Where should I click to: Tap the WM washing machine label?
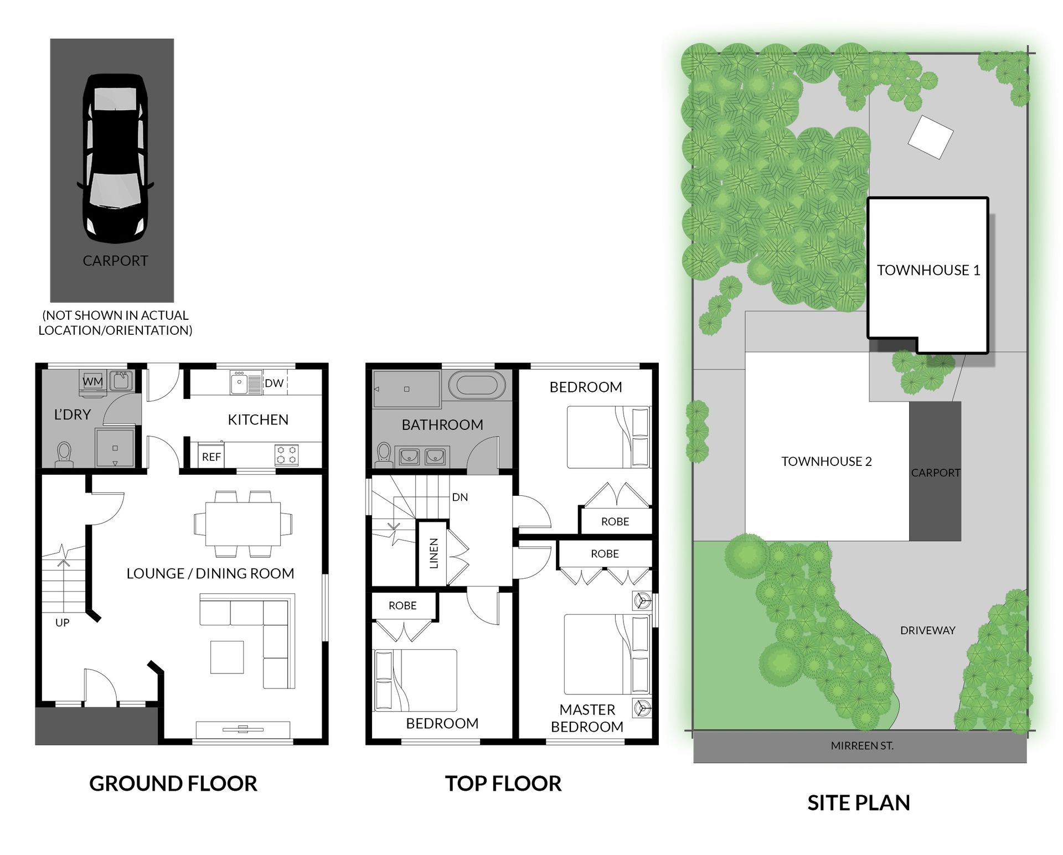click(x=92, y=382)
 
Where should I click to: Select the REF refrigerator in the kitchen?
click(x=211, y=457)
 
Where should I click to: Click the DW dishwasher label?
click(x=274, y=383)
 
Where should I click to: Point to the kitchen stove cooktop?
click(x=287, y=455)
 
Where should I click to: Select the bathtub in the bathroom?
click(x=477, y=385)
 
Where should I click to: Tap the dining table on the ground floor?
click(x=243, y=524)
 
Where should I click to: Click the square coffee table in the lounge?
click(x=227, y=657)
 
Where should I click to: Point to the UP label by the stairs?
click(x=63, y=623)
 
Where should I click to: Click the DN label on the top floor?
click(x=460, y=497)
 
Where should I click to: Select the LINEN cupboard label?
click(x=434, y=553)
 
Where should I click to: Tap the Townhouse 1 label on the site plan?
click(x=928, y=270)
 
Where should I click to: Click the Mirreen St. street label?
click(x=862, y=746)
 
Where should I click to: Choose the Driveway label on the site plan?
click(x=928, y=630)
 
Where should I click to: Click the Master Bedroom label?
click(x=587, y=718)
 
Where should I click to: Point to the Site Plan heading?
click(x=859, y=803)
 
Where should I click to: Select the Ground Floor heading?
click(x=173, y=784)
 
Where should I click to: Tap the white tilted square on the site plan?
click(x=931, y=137)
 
